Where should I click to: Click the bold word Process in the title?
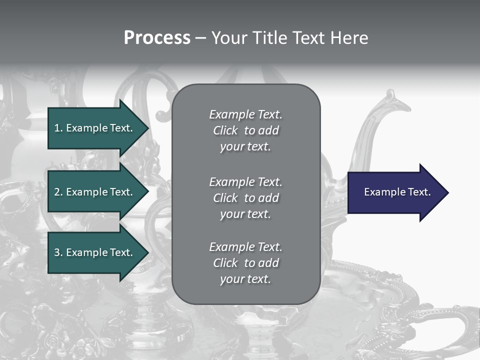[x=157, y=38]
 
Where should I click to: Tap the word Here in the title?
[x=349, y=38]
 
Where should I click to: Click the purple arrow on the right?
[x=395, y=192]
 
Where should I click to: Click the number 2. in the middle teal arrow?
[x=58, y=192]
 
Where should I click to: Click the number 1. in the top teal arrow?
[x=58, y=128]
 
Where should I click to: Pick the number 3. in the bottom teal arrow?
[x=58, y=252]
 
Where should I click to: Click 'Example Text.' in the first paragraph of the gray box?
[x=245, y=114]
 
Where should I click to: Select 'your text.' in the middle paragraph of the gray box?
[x=245, y=214]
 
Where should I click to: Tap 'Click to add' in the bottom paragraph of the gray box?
[x=245, y=263]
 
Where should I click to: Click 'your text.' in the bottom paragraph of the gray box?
[x=245, y=279]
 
